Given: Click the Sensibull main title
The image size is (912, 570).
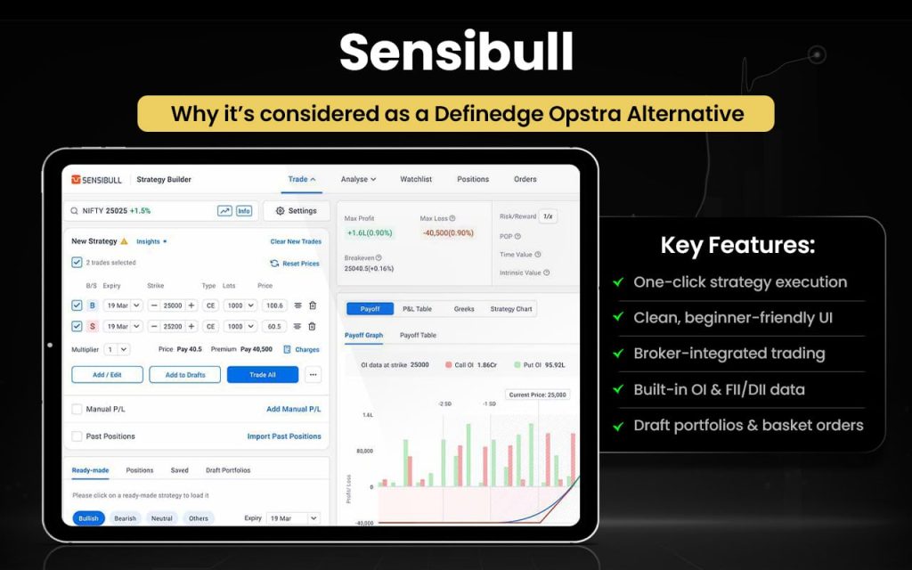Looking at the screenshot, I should (x=456, y=53).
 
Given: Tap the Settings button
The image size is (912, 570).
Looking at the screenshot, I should (x=296, y=211).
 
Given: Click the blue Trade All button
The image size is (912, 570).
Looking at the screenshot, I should (x=262, y=375).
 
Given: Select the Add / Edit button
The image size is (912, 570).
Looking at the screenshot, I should (x=107, y=375).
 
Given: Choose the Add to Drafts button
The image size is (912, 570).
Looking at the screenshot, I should (x=184, y=375).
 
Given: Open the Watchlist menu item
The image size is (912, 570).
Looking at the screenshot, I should (x=416, y=179).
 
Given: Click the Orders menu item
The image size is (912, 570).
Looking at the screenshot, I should (x=525, y=179).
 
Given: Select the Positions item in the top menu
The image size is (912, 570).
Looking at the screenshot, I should (x=473, y=179).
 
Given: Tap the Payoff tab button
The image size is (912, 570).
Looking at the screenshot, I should (x=370, y=309).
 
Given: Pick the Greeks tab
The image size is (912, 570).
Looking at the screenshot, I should (x=464, y=309).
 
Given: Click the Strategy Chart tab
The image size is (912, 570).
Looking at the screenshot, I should (x=511, y=309).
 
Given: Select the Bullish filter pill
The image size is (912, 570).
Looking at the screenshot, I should (x=88, y=518).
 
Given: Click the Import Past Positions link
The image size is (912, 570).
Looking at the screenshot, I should (x=284, y=436).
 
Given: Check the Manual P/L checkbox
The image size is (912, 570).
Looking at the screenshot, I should (x=77, y=409).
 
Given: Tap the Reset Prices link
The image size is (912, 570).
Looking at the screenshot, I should (x=295, y=264).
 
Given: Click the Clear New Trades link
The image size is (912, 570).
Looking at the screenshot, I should (x=296, y=241).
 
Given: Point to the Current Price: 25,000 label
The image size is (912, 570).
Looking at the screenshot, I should (x=538, y=395).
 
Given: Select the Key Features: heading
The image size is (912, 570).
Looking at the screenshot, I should (x=737, y=246).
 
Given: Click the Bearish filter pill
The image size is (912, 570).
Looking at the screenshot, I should (x=126, y=518).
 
